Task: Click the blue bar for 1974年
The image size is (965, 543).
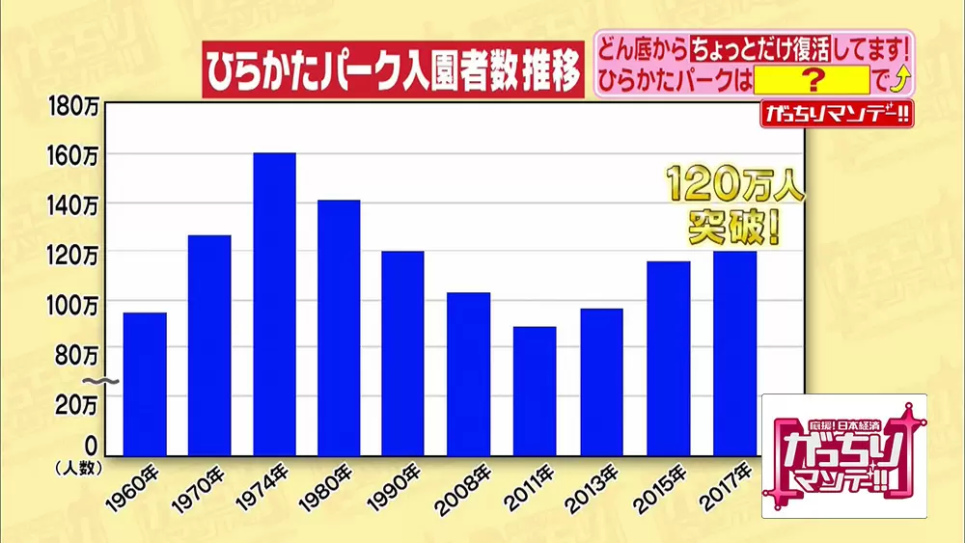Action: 274,304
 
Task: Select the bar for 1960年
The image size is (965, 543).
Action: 145,384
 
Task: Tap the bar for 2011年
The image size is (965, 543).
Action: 535,391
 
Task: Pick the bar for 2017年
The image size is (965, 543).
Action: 734,353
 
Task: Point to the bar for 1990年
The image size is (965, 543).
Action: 402,353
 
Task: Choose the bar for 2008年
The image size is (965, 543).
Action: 468,373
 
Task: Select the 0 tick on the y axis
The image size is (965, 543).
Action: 91,446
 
